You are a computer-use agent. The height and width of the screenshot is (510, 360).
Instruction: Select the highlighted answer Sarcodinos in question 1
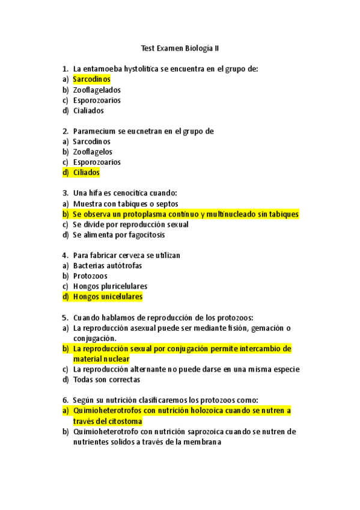tap(91, 79)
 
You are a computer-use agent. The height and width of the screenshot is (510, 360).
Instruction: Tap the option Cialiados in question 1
tap(88, 111)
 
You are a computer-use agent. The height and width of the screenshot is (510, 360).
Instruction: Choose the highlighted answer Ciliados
tap(86, 173)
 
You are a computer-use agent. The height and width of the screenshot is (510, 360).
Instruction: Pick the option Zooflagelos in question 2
tap(93, 152)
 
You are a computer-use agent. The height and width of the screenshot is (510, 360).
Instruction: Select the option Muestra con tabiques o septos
tap(126, 204)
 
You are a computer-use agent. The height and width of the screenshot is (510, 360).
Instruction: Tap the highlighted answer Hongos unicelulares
tap(108, 297)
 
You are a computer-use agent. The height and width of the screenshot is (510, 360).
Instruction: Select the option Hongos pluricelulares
tap(110, 286)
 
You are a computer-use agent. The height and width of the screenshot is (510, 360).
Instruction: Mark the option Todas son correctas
tap(106, 380)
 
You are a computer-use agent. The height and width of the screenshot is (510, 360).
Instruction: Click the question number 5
tap(65, 318)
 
